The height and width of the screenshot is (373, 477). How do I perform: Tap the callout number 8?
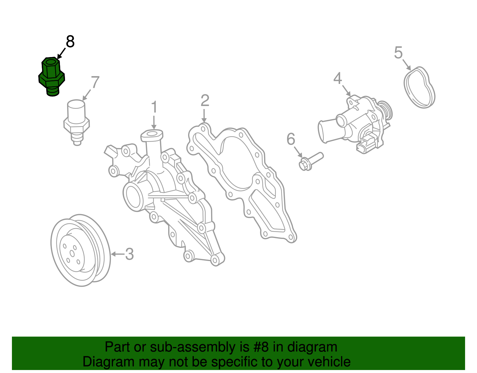[70, 42]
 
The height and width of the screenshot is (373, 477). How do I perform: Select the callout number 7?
[95, 82]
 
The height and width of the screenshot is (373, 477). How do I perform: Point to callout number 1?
[154, 107]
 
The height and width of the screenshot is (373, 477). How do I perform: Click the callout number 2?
[205, 101]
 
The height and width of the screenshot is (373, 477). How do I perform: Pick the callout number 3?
[129, 254]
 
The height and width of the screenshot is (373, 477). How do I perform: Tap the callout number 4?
[337, 79]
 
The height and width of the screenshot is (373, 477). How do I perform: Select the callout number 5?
[398, 53]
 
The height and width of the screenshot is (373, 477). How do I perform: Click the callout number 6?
[291, 139]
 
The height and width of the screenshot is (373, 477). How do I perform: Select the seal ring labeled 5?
[419, 87]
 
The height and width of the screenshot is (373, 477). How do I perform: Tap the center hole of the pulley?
[72, 253]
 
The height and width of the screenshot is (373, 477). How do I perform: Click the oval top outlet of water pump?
[152, 134]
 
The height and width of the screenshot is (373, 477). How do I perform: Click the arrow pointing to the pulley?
[117, 254]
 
